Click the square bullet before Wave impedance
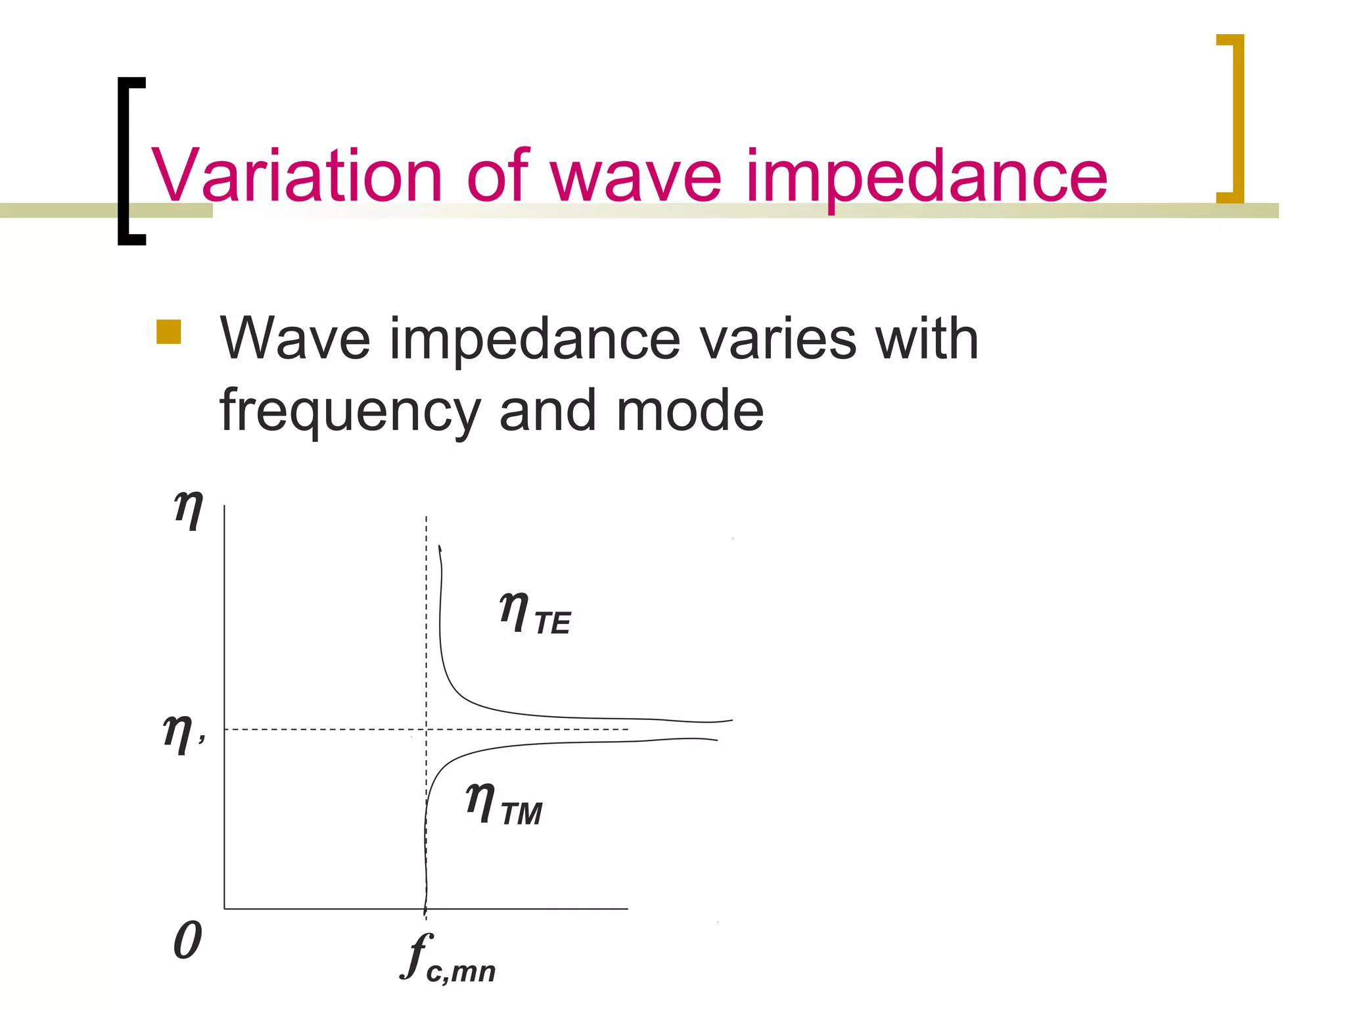[169, 332]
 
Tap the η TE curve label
[535, 613]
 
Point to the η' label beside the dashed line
[183, 733]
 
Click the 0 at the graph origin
[188, 940]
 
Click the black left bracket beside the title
[130, 161]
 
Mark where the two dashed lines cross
[427, 729]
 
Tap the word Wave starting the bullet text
[295, 339]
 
